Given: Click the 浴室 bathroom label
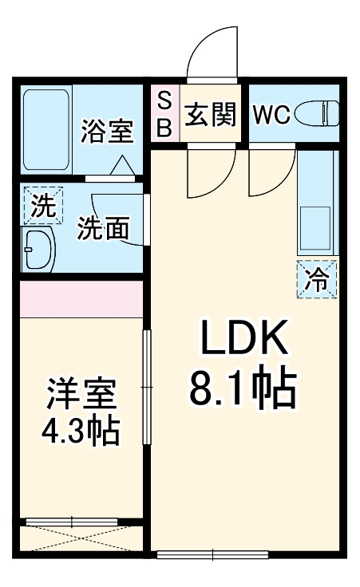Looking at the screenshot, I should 106,129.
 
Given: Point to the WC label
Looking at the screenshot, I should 271,115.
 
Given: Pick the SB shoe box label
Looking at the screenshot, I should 164,114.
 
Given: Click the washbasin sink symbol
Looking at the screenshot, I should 37,250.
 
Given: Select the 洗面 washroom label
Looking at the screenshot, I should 103,229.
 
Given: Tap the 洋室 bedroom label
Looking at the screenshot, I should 81,395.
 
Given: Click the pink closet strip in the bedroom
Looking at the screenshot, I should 81,297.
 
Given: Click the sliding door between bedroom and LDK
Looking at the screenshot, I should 146,387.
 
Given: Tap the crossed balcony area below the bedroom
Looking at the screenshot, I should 81,538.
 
